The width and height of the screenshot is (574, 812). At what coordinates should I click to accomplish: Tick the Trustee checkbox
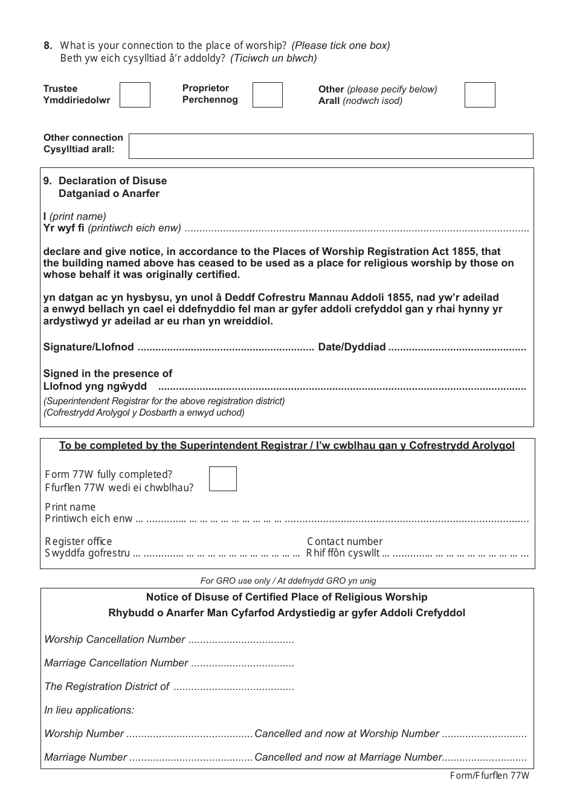135,95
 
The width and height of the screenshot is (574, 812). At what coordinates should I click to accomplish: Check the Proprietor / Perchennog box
267,95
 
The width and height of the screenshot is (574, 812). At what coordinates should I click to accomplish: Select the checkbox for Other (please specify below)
480,95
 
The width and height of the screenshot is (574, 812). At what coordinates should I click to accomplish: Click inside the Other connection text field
331,146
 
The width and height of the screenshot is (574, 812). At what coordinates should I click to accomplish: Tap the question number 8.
48,45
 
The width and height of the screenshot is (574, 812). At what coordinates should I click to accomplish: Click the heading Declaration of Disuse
112,181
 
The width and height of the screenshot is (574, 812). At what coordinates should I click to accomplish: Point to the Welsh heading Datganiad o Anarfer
109,193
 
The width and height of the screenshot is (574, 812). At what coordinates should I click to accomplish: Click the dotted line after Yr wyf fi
356,229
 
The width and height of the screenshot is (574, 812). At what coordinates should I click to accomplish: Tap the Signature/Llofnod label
88,347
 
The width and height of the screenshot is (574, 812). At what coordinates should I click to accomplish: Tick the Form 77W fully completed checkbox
223,478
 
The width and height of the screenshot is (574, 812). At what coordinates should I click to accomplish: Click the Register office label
79,541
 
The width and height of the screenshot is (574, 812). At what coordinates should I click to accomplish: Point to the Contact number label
344,541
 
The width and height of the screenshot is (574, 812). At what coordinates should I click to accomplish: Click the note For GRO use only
288,581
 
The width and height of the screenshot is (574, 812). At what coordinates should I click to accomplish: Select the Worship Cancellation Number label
115,639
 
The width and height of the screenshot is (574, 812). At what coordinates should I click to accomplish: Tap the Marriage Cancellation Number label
116,663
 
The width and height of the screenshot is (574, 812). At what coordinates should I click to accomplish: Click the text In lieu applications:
89,710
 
